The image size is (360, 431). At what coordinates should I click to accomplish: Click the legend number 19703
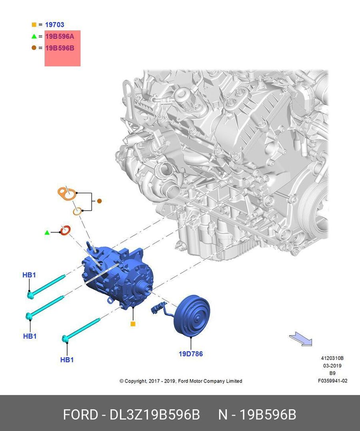tap(55, 25)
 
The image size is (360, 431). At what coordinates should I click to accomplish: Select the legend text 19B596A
tap(60, 36)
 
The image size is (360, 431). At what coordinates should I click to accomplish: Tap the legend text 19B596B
tap(60, 48)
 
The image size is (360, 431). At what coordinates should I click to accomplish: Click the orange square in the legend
tap(34, 25)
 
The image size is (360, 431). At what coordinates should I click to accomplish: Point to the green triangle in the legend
tap(34, 36)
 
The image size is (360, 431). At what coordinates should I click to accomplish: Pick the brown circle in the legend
tap(34, 48)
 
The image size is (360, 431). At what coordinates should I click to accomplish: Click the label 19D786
tap(191, 354)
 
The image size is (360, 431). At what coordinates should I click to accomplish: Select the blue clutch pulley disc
tap(192, 316)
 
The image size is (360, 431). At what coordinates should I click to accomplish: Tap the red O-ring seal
tap(66, 230)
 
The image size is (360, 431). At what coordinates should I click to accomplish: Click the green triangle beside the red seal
tap(47, 233)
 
